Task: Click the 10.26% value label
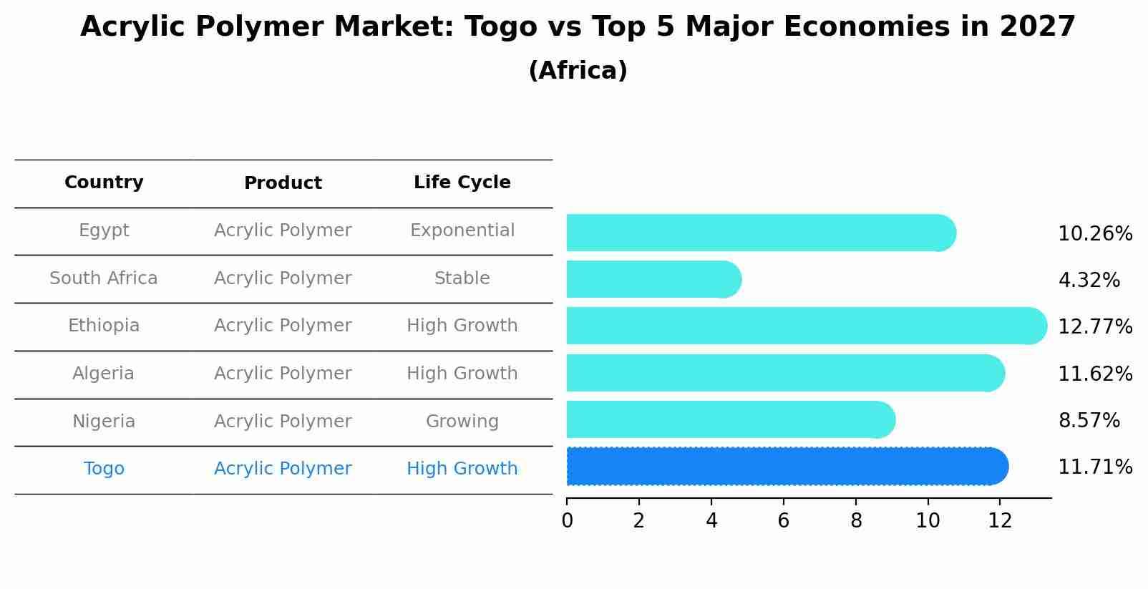1095,234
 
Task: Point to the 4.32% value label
1089,281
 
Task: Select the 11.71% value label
1095,467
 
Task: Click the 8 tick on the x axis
856,520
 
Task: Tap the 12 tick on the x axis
1000,520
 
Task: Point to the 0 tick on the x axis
568,520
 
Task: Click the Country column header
104,182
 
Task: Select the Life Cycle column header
462,182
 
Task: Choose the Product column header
283,183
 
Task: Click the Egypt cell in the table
104,230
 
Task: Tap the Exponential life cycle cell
462,230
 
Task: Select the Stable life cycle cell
462,278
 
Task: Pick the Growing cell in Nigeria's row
462,422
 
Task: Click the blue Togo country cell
104,469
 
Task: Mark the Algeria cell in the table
103,374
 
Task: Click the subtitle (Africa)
578,71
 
